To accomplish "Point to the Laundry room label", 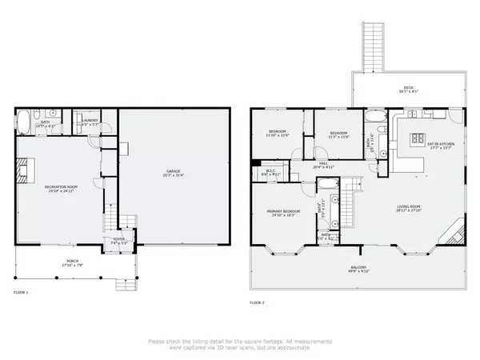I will pyautogui.click(x=90, y=122).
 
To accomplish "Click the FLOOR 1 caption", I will pyautogui.click(x=21, y=293).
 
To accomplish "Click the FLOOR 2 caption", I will pyautogui.click(x=257, y=302).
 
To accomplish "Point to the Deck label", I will pyautogui.click(x=409, y=90).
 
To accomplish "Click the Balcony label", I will pyautogui.click(x=358, y=269).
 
